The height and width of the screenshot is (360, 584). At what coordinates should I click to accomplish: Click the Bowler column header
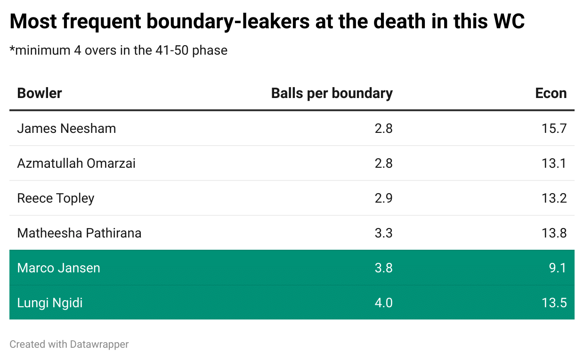coord(40,93)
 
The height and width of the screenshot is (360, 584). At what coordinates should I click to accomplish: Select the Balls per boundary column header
coord(332,93)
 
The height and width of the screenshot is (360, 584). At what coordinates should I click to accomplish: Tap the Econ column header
coord(551,93)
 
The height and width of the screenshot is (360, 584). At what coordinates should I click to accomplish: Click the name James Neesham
coord(66,129)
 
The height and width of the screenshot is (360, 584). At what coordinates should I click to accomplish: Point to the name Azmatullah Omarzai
coord(76,164)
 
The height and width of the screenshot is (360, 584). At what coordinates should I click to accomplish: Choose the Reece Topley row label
coord(56,198)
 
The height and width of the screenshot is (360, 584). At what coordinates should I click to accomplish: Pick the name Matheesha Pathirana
coord(79,233)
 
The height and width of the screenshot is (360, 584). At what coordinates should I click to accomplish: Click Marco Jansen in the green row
coord(58,268)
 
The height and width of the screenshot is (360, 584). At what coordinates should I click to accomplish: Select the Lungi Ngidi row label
coord(50,303)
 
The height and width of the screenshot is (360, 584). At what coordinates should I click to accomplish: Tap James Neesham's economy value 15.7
coord(554,129)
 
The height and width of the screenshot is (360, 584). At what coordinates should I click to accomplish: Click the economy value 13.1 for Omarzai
coord(554,164)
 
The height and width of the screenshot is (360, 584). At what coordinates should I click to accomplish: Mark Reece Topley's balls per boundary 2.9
coord(383,198)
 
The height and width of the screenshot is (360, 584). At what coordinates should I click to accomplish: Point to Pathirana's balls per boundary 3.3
coord(383,233)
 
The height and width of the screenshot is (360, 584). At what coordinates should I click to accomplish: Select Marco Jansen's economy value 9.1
coord(557,268)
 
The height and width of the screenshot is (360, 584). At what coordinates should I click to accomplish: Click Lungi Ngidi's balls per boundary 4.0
coord(383,303)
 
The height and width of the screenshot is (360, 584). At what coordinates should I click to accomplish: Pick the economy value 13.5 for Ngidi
coord(554,303)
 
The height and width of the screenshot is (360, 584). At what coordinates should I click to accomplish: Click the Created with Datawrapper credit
coord(69,344)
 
